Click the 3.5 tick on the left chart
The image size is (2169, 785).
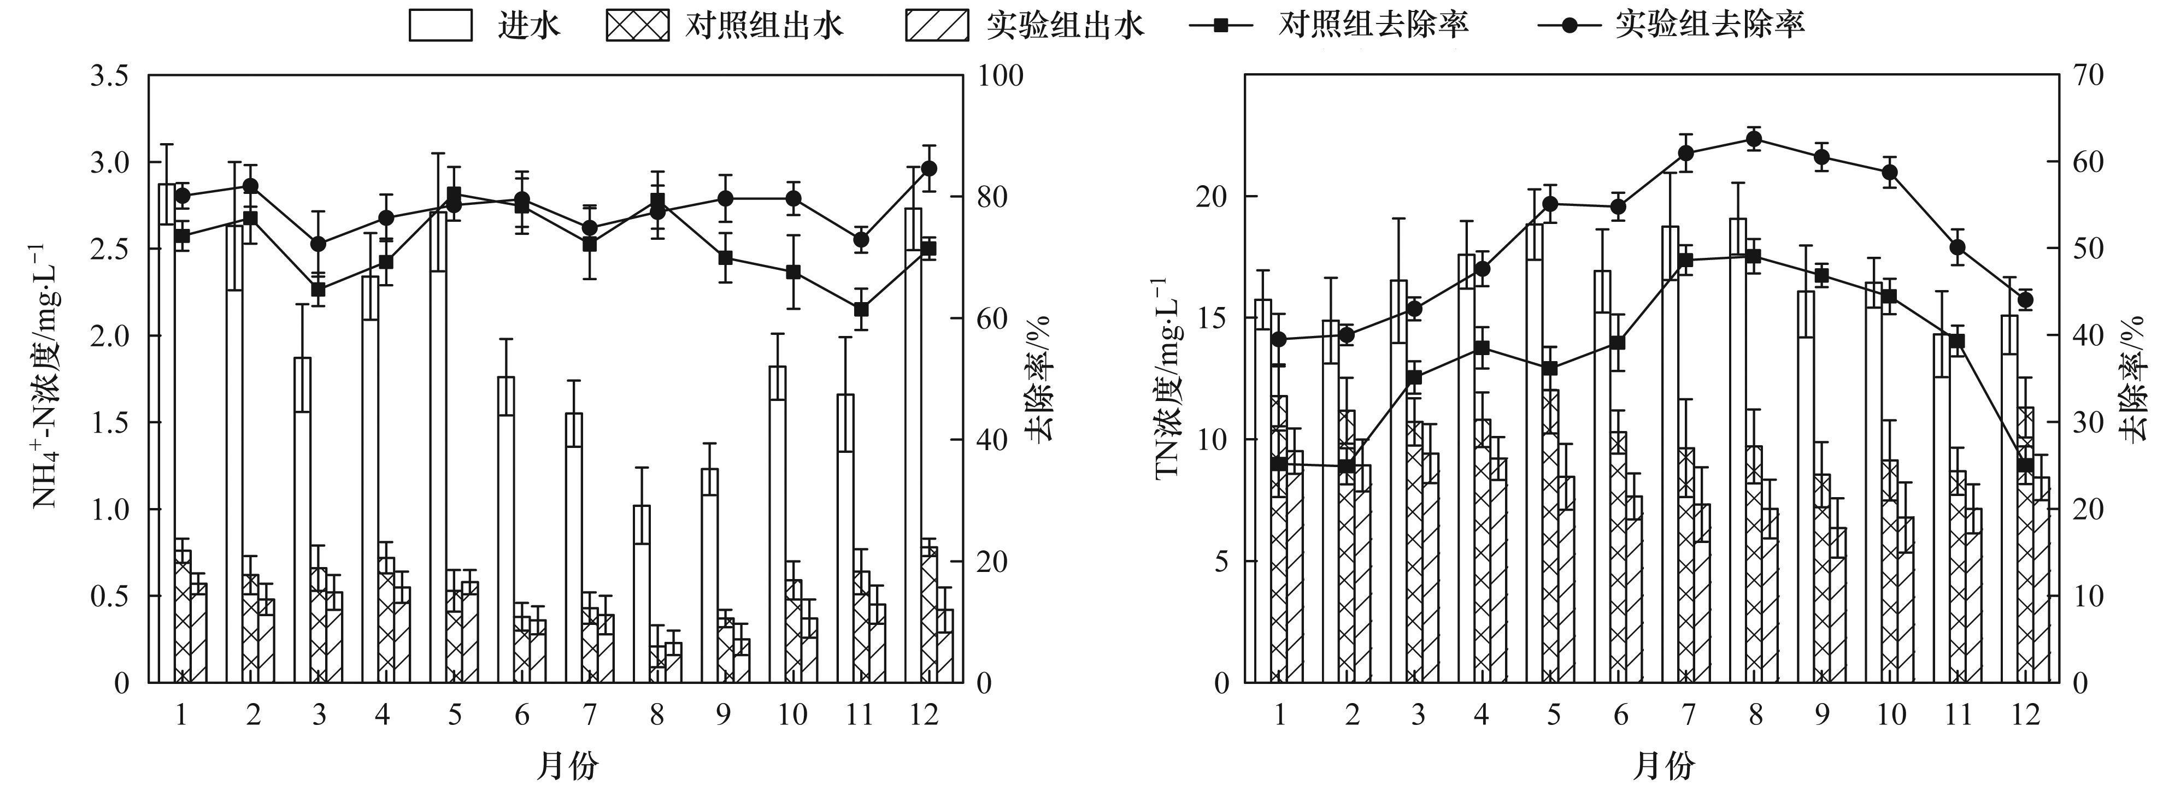point(110,76)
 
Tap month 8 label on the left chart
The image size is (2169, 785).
point(656,715)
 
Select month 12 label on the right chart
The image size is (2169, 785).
point(2025,715)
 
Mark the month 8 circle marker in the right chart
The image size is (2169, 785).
point(1754,140)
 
